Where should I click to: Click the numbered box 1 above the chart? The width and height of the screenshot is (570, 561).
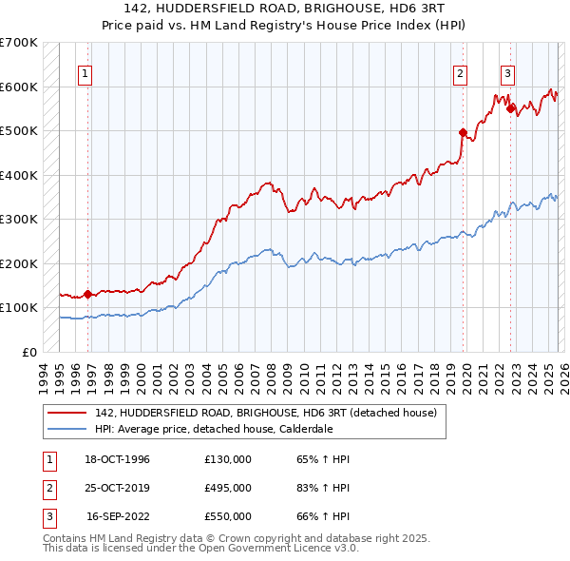point(85,74)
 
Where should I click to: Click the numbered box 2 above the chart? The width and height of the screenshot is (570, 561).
point(461,74)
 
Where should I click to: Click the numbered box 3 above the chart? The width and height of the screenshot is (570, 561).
point(508,74)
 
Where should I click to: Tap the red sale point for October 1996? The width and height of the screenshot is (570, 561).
point(88,294)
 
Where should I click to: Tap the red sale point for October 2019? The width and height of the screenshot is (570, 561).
point(464,133)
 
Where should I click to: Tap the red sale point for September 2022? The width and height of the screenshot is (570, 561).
point(510,108)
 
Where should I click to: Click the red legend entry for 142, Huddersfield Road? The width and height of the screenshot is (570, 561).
point(265,413)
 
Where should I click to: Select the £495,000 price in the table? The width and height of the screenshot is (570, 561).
point(227,488)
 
